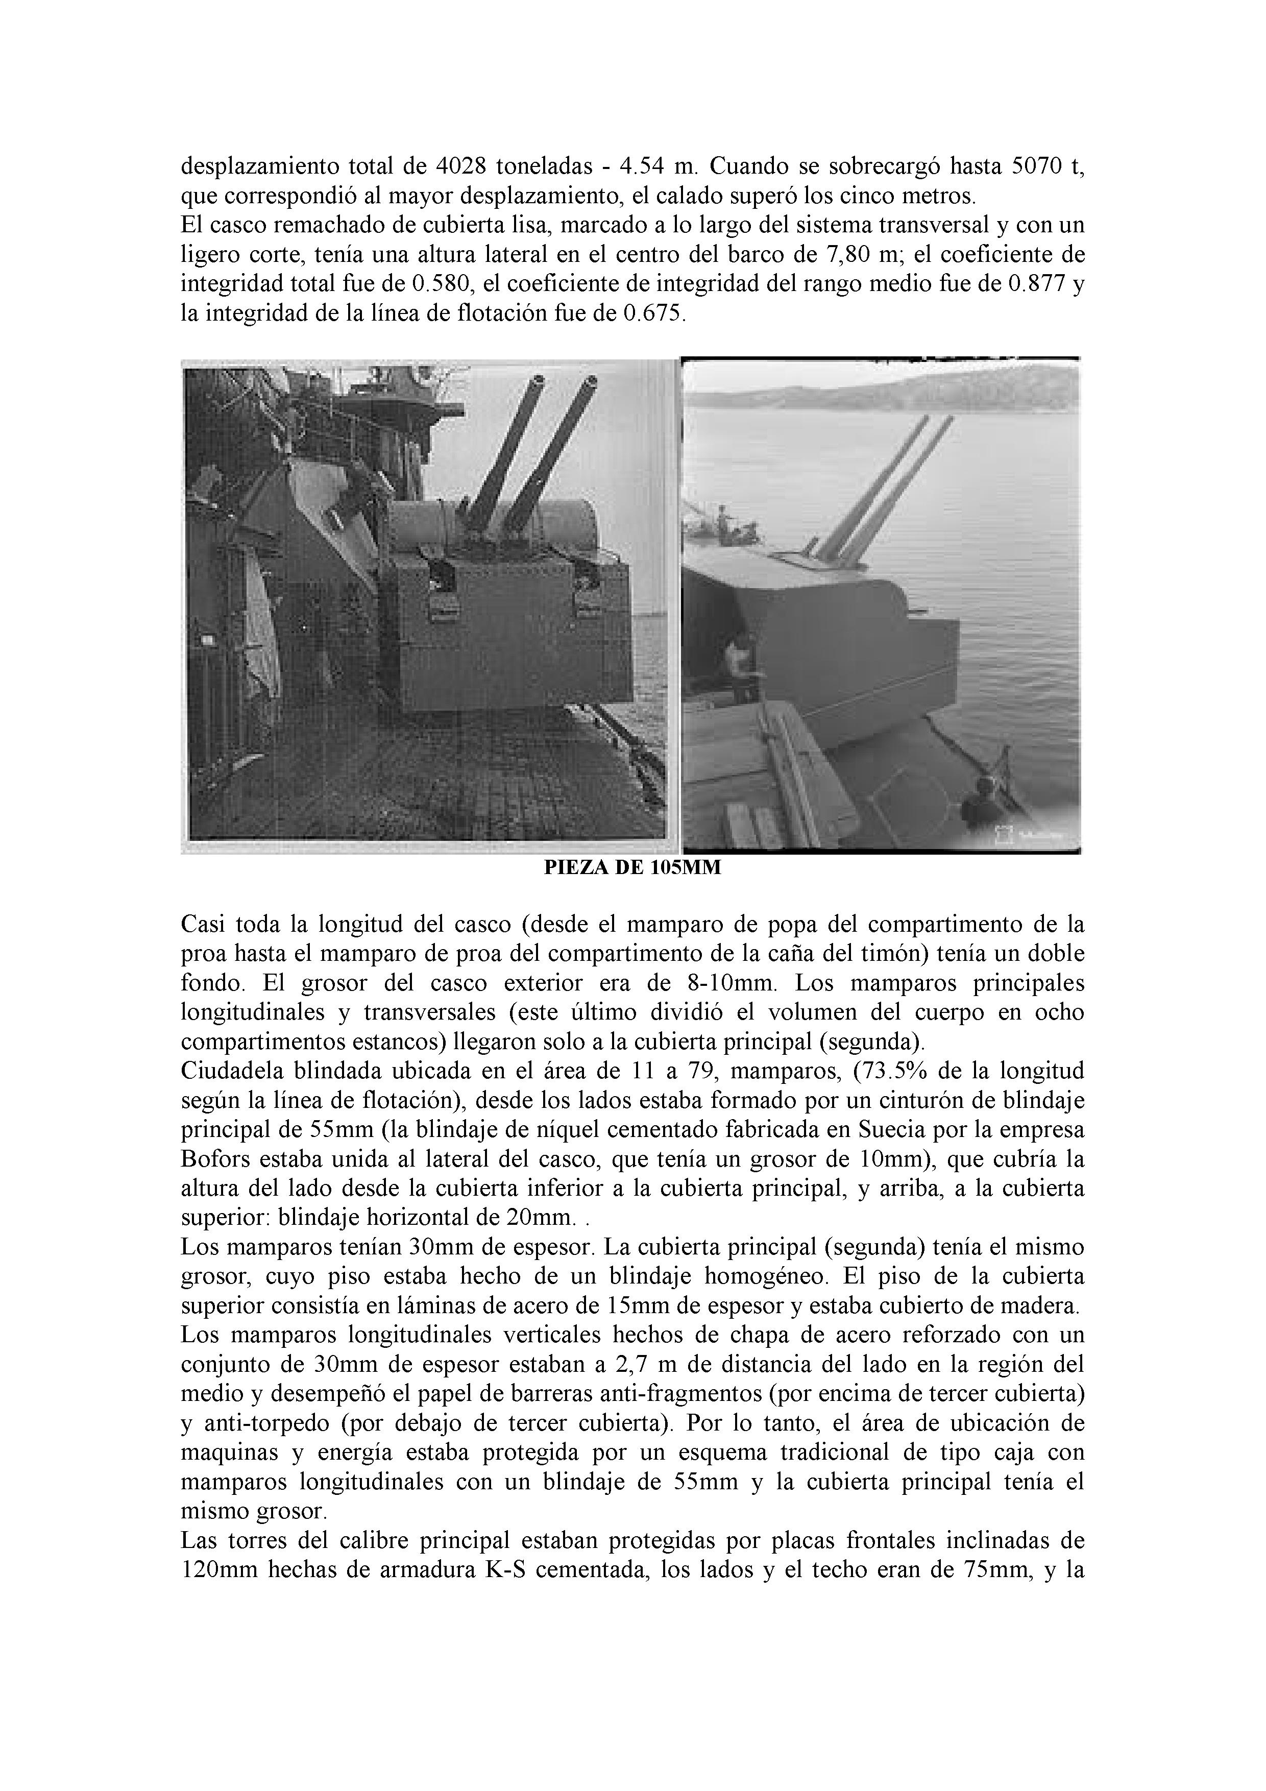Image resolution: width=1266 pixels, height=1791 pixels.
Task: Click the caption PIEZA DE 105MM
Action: [632, 868]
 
